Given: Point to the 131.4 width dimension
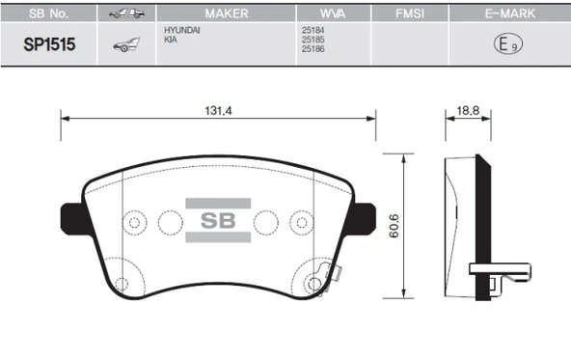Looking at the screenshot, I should coord(218,110).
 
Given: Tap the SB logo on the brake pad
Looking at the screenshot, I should coord(217,221).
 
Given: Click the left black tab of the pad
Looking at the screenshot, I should coord(73,217).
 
